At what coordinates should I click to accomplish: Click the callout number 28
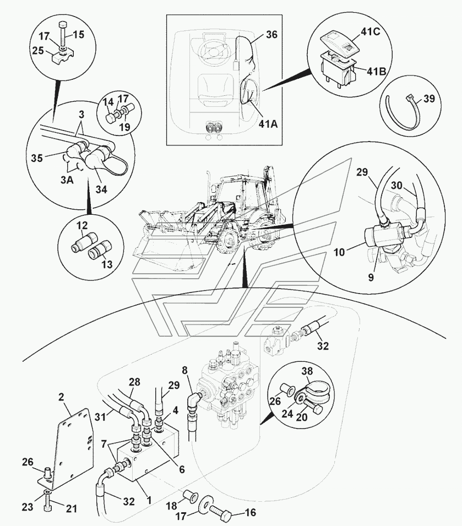[x=135, y=382]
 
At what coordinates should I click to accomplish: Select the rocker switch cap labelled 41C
[x=335, y=37]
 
